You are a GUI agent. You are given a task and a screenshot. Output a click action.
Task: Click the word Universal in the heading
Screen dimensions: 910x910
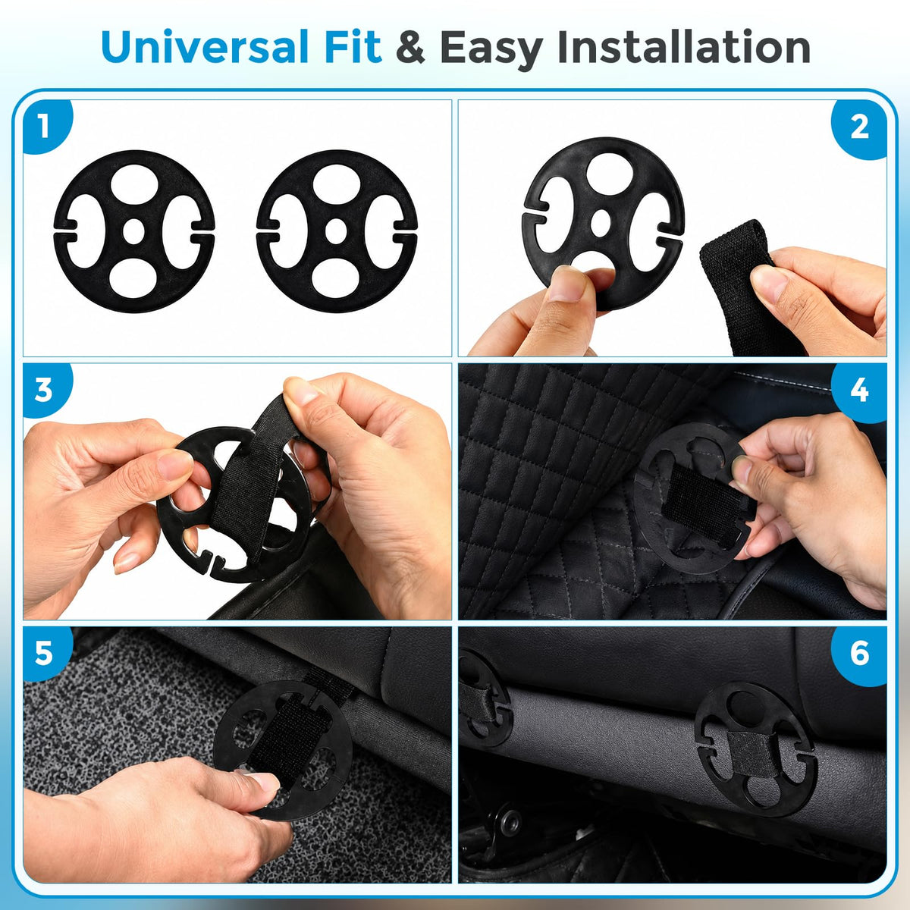[x=204, y=47]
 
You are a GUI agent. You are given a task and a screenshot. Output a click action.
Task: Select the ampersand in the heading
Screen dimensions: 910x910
[x=410, y=47]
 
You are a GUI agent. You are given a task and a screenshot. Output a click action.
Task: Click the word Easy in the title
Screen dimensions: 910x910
[x=491, y=50]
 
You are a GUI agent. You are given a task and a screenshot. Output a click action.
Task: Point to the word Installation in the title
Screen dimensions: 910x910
[x=683, y=46]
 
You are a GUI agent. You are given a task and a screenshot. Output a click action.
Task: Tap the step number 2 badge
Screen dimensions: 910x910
[x=859, y=127]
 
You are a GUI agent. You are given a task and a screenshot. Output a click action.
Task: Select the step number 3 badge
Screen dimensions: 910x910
[x=46, y=390]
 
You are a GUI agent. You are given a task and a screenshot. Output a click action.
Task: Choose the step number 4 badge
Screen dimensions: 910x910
[x=859, y=391]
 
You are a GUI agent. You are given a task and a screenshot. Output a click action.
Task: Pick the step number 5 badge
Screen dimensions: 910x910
[x=46, y=654]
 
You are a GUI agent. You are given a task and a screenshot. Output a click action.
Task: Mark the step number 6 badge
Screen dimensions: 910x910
[x=859, y=654]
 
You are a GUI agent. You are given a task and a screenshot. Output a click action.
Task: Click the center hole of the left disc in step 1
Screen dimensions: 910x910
[x=133, y=231]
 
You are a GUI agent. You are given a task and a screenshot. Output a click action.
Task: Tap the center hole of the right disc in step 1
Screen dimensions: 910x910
[x=336, y=231]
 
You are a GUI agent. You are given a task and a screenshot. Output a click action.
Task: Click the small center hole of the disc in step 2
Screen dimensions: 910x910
[x=601, y=223]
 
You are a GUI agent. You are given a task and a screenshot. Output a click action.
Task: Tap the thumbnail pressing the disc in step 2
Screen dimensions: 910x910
[x=566, y=284]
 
